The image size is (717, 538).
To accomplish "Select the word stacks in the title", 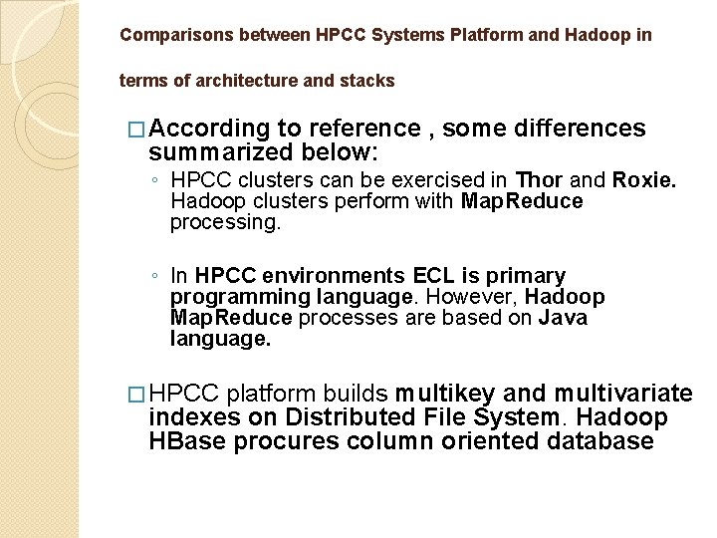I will click(x=372, y=80).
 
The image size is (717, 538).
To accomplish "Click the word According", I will click(x=212, y=130).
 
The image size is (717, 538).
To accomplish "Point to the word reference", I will click(x=364, y=130).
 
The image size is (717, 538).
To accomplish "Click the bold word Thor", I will click(x=539, y=181).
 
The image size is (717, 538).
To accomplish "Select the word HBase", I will click(x=187, y=440).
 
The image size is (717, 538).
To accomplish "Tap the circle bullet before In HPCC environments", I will click(x=153, y=276).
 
